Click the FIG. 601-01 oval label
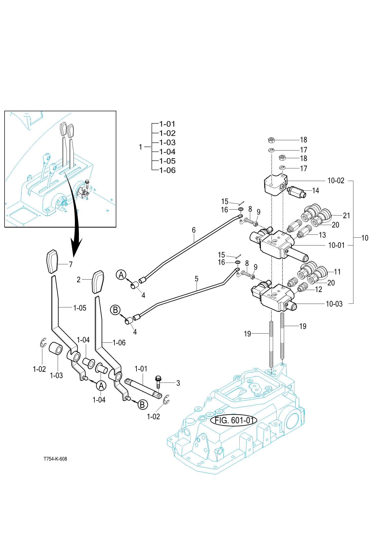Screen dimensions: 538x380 (234, 420)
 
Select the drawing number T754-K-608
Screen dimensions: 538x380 (55, 459)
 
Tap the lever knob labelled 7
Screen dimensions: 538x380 (52, 262)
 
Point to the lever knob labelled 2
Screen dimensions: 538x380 (98, 282)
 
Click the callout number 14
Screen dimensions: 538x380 (315, 191)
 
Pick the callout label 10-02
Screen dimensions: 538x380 (336, 181)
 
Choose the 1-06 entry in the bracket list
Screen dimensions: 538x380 (167, 170)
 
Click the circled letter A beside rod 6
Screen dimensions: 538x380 (121, 275)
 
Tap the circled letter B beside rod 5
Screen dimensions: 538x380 (115, 310)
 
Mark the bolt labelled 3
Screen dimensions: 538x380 (158, 382)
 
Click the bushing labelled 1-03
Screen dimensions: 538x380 (56, 349)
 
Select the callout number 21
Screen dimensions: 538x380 (346, 216)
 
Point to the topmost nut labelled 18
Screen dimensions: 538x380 (271, 140)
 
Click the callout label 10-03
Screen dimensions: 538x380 (334, 304)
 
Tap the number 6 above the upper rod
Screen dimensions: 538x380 (194, 230)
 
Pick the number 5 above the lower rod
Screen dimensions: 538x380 (197, 279)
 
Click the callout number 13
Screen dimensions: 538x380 (322, 235)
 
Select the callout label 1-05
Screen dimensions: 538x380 (80, 308)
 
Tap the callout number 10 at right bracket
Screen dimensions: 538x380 (365, 238)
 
